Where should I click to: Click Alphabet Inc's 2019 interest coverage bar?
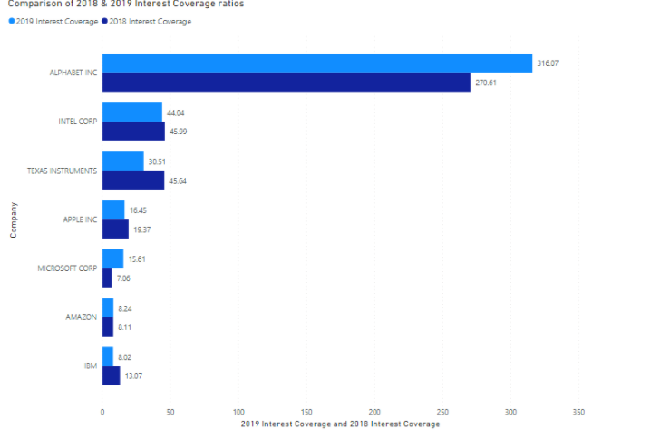coord(316,63)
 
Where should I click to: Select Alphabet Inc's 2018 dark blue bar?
coord(286,83)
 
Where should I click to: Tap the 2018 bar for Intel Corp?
coord(133,132)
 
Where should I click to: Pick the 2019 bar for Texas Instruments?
coord(122,161)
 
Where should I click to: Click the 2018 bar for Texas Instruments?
coord(133,180)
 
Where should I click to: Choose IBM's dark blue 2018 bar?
coord(111,376)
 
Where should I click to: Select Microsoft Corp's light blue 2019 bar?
coord(112,259)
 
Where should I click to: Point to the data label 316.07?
coord(548,63)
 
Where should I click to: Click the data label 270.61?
coord(487,83)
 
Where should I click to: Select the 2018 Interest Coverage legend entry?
coord(149,21)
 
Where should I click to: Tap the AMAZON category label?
coord(81,317)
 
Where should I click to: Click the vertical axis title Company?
coord(13,219)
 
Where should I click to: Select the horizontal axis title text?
coord(340,424)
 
